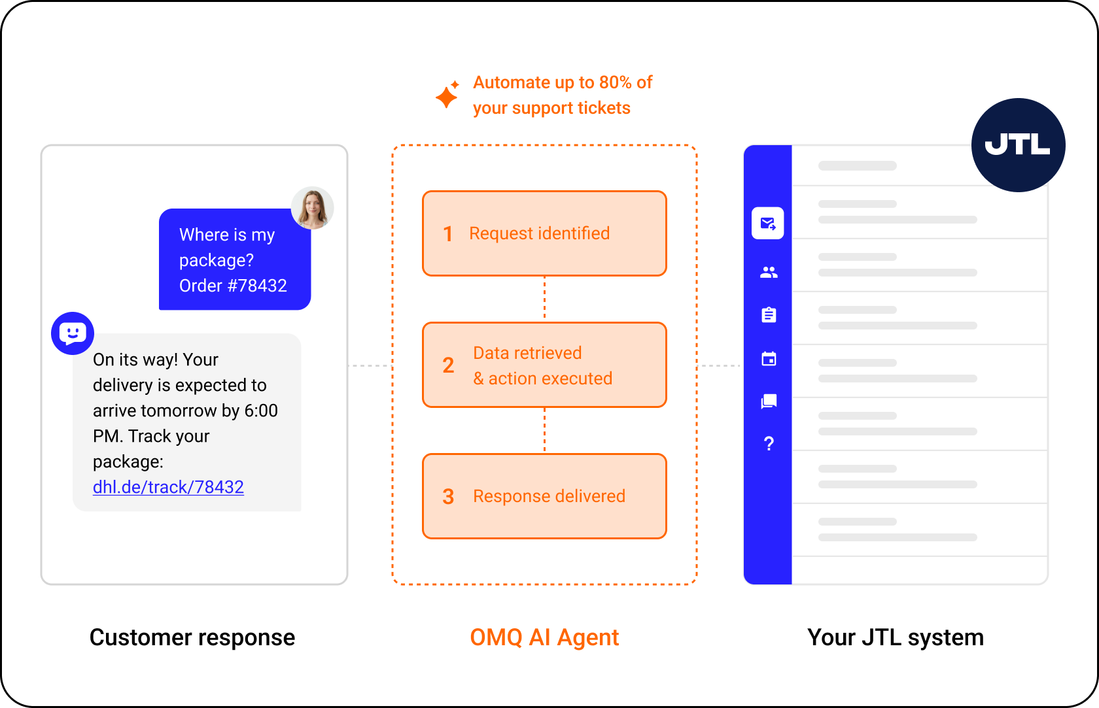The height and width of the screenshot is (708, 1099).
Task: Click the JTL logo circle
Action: click(x=1018, y=145)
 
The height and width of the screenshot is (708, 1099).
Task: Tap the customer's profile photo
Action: click(x=313, y=208)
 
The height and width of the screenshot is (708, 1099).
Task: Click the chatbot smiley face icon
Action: click(x=73, y=333)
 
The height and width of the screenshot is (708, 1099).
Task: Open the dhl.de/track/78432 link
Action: click(x=168, y=487)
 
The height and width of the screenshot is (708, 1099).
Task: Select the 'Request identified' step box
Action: click(x=544, y=233)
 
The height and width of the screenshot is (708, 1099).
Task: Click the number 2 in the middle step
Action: click(x=448, y=365)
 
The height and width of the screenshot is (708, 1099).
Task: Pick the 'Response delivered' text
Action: click(x=549, y=496)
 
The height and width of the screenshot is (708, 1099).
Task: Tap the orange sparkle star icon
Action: click(x=447, y=95)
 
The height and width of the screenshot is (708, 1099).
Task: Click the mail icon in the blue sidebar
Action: click(x=768, y=224)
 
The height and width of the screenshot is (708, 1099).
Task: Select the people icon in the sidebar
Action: click(x=769, y=272)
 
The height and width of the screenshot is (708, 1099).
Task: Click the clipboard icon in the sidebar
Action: click(x=769, y=315)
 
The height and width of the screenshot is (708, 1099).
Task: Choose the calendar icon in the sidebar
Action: click(x=769, y=358)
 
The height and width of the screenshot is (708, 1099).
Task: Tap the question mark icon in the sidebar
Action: click(x=769, y=444)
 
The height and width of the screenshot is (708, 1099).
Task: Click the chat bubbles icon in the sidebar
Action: click(x=769, y=401)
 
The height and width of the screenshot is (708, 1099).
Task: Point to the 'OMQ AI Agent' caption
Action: click(x=544, y=637)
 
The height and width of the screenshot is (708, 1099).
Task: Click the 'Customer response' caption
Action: click(x=192, y=637)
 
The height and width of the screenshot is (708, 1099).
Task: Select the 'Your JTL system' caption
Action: click(x=896, y=637)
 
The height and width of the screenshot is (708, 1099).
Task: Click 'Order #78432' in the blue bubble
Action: click(x=233, y=285)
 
